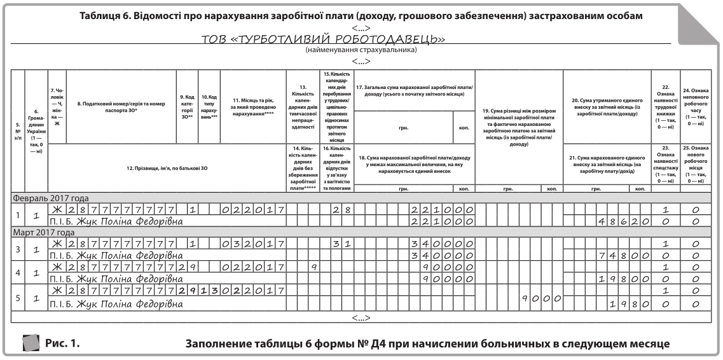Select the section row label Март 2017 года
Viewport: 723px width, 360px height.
[45, 232]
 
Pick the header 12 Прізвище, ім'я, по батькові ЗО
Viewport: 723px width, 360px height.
[166, 168]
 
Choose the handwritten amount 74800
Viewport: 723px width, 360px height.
[623, 256]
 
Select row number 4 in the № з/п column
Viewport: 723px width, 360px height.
[18, 273]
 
